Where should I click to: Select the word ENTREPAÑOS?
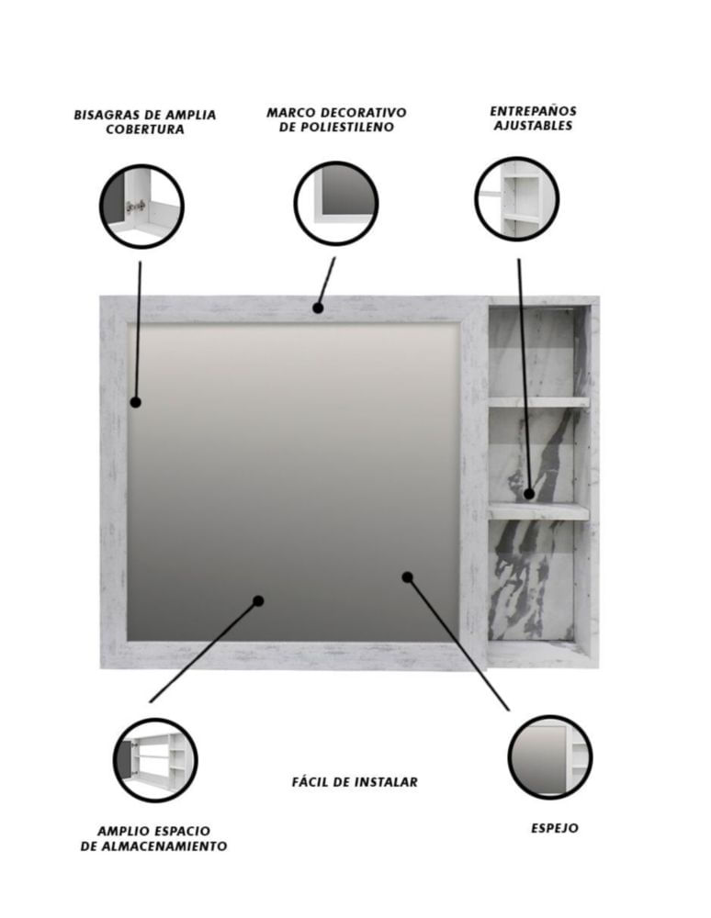coord(533,111)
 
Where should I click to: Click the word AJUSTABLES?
coord(533,125)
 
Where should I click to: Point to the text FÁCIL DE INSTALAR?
coord(355,781)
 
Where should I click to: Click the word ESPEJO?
coord(554,828)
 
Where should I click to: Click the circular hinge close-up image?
coord(141,206)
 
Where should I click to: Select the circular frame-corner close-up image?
coord(335,203)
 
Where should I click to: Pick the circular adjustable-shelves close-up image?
coord(516,198)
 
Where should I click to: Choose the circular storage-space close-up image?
coord(155,760)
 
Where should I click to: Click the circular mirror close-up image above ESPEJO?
coord(550,757)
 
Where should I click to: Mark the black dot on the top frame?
coord(318,308)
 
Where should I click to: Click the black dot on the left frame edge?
coord(136,402)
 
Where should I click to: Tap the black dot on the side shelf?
coord(529,494)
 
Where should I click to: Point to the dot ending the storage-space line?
coord(258,600)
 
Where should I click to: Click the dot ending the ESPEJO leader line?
coord(408,577)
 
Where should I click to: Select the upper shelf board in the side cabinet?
coord(539,402)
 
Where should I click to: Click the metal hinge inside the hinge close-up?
coord(135,206)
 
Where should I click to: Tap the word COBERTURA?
coord(145,129)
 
